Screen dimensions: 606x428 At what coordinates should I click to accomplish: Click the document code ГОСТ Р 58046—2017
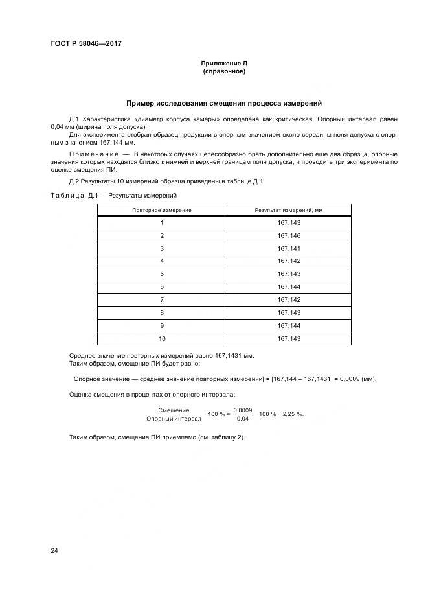coord(85,43)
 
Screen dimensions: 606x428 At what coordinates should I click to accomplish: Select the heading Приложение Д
coord(223,64)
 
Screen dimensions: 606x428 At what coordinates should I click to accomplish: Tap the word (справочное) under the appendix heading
coord(223,71)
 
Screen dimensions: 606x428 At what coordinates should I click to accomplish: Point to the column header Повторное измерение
coord(161,210)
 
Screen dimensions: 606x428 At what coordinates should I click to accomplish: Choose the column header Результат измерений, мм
coord(289,210)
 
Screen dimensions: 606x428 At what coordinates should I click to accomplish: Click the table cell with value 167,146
coord(289,235)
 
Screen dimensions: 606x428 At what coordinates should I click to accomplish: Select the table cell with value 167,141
coord(289,248)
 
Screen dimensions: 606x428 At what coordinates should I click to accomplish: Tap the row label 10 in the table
coord(161,338)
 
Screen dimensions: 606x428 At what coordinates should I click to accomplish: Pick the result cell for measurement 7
coord(289,299)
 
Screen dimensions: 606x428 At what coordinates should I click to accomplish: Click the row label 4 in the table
coord(161,261)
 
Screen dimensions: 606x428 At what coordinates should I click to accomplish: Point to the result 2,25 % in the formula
coord(291,414)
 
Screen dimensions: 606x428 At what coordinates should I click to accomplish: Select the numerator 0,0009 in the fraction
coord(242,410)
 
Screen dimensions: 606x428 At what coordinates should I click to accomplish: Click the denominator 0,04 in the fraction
coord(242,419)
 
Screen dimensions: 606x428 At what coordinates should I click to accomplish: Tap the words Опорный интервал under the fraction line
coord(174,419)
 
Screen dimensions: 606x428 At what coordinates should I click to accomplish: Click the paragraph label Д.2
coord(73,181)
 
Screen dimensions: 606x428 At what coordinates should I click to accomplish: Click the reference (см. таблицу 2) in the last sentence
coord(217,437)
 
